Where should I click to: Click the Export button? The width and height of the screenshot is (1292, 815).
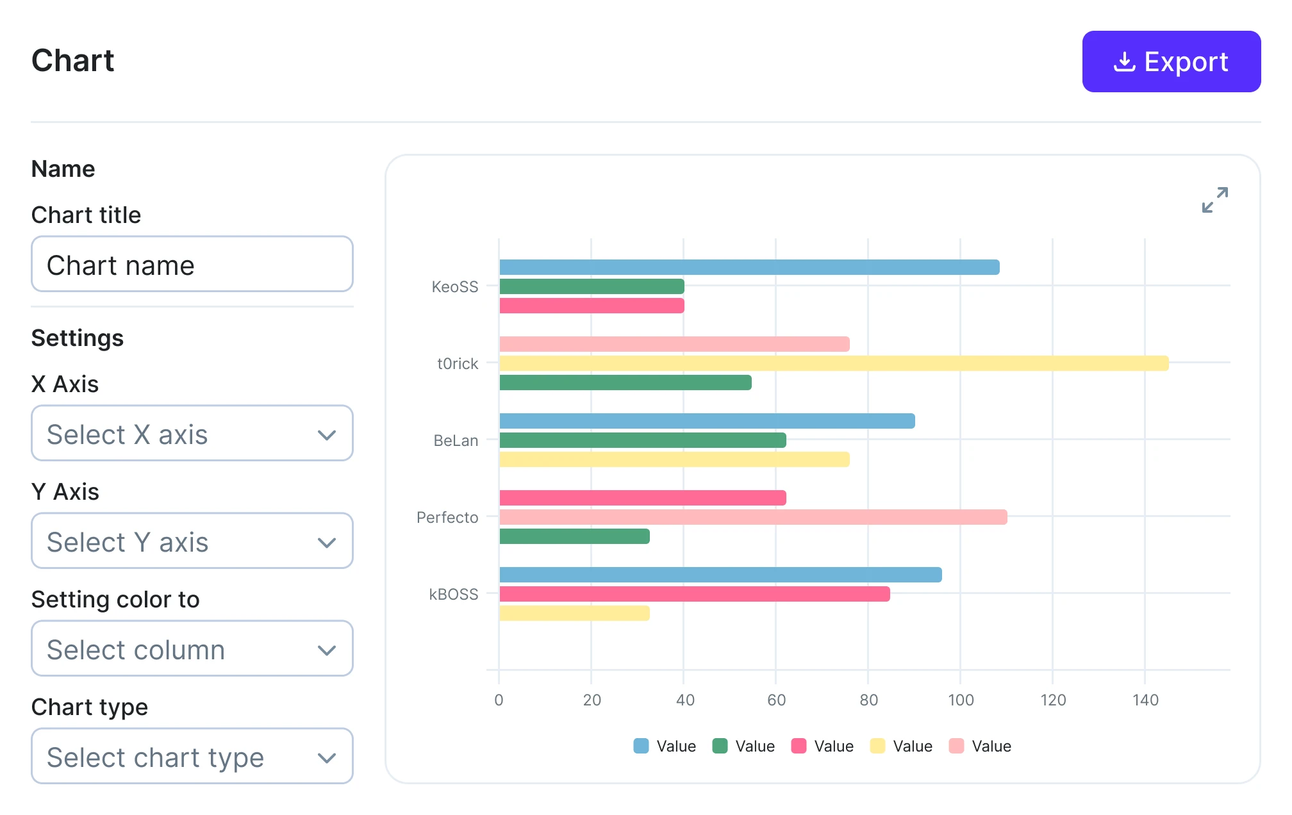tap(1171, 62)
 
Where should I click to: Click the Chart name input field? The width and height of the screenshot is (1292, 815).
tap(192, 265)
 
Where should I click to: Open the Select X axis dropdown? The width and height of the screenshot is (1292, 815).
tap(192, 434)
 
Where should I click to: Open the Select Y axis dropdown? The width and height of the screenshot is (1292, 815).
tap(192, 541)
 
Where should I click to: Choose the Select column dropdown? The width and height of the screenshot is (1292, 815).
tap(192, 649)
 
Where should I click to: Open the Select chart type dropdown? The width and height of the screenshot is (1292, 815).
tap(192, 757)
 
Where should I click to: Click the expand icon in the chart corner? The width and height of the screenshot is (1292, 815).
tap(1214, 200)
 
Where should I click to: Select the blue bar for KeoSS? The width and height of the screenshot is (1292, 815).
tap(749, 267)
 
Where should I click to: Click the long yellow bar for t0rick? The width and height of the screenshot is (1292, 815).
tap(833, 363)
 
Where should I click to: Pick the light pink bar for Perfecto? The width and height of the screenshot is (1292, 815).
tap(753, 517)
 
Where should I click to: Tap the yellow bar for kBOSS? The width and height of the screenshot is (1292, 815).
tap(574, 613)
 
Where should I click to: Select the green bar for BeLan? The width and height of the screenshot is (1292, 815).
tap(642, 440)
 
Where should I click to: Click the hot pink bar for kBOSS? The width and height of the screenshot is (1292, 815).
tap(694, 594)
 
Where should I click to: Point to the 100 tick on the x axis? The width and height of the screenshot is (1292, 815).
tap(961, 700)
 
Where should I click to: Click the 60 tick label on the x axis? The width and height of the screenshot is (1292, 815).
tap(776, 700)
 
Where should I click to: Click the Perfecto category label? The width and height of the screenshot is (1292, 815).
tap(447, 517)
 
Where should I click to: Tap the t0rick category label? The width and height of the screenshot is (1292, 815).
tap(458, 363)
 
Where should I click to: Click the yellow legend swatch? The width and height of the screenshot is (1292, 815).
tap(877, 746)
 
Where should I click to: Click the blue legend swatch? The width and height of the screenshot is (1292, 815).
tap(641, 746)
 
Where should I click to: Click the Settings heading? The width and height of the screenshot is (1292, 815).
tap(78, 338)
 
